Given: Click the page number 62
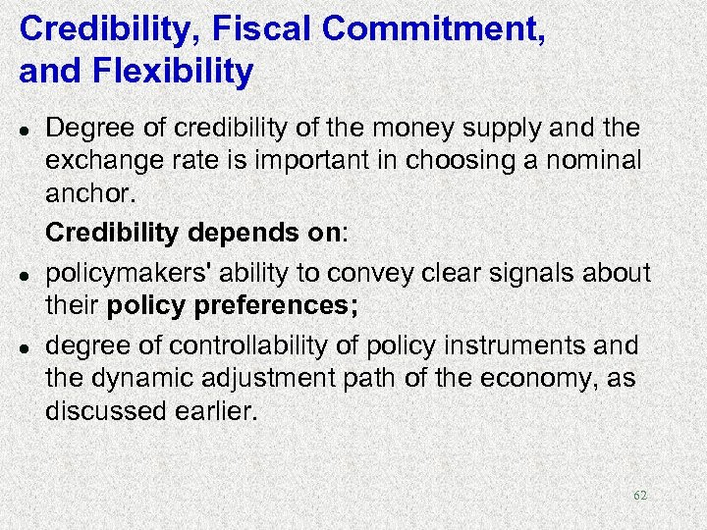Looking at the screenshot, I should pos(640,496).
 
